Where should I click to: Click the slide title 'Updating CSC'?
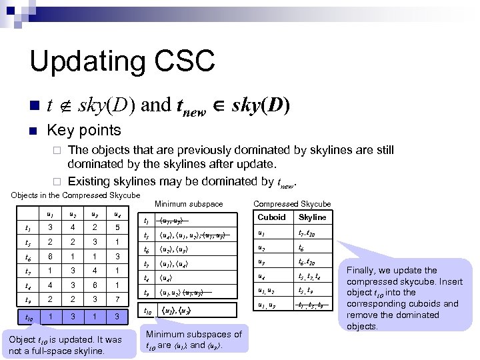coord(122,61)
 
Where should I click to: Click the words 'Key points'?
coord(83,130)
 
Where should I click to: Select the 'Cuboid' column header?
coord(271,217)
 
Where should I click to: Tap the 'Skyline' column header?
coord(312,217)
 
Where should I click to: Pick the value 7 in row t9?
coord(117,300)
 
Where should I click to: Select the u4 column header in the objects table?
coord(117,215)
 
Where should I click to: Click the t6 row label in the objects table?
coord(27,257)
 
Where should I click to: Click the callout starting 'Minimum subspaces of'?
coord(193,339)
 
